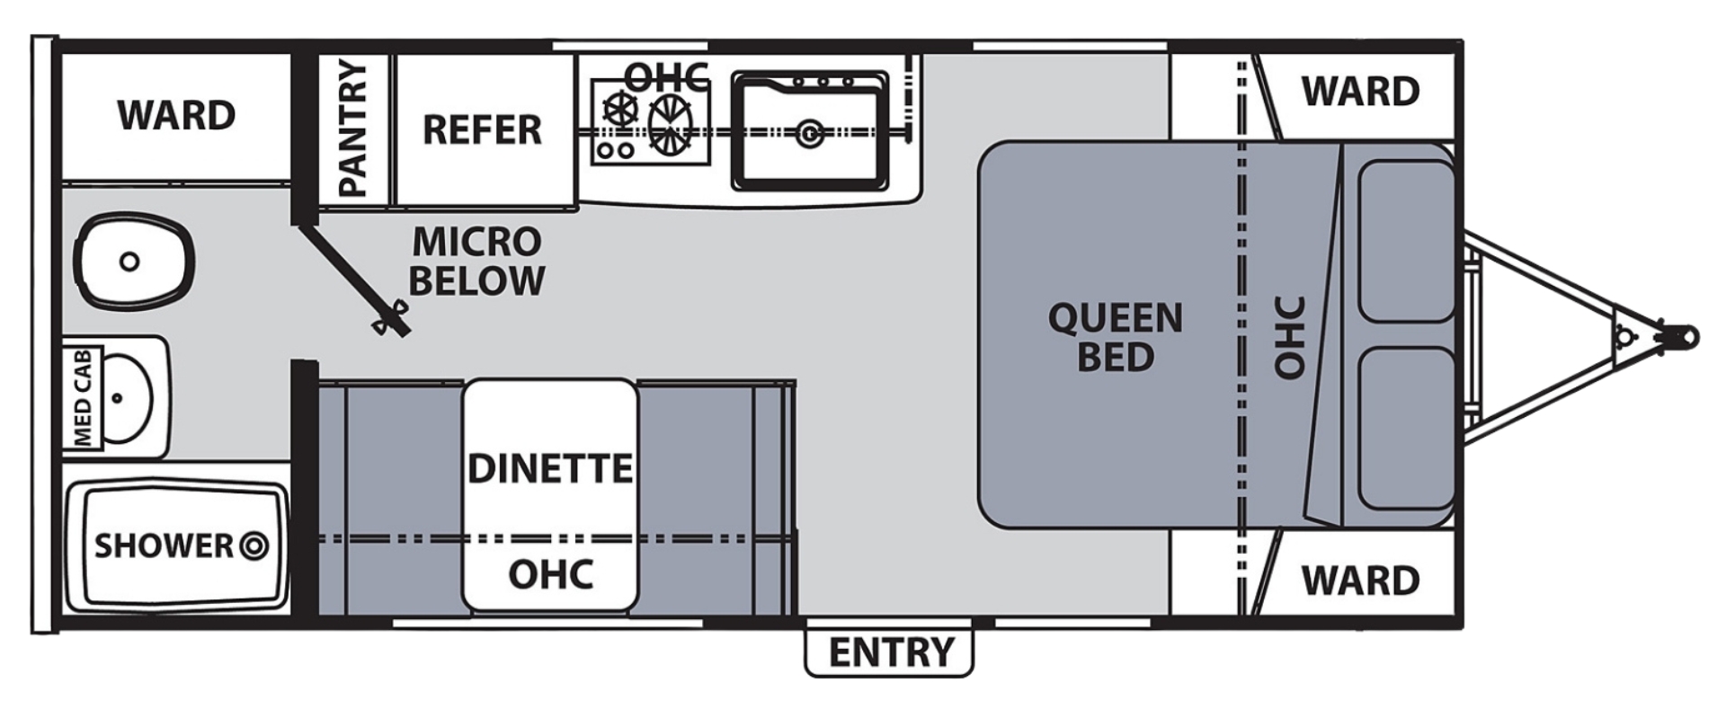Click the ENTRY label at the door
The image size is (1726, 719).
click(890, 652)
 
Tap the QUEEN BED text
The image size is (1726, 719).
click(1115, 337)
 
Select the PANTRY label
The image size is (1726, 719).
click(353, 129)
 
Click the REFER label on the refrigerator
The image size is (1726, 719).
click(482, 130)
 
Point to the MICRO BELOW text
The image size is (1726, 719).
click(476, 262)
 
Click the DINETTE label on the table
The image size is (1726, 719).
click(549, 468)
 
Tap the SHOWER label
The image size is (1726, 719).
click(164, 546)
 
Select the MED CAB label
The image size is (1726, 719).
click(83, 397)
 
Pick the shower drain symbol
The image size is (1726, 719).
click(254, 546)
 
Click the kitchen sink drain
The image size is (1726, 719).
click(810, 133)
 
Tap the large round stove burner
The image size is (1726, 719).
click(670, 124)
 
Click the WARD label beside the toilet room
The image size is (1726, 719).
click(176, 115)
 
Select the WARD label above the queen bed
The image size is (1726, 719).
click(1360, 92)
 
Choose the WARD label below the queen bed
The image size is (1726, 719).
click(1360, 581)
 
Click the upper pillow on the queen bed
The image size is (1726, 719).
click(1406, 241)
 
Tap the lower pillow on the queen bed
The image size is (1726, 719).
click(1406, 430)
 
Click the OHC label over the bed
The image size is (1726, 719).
click(1289, 337)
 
